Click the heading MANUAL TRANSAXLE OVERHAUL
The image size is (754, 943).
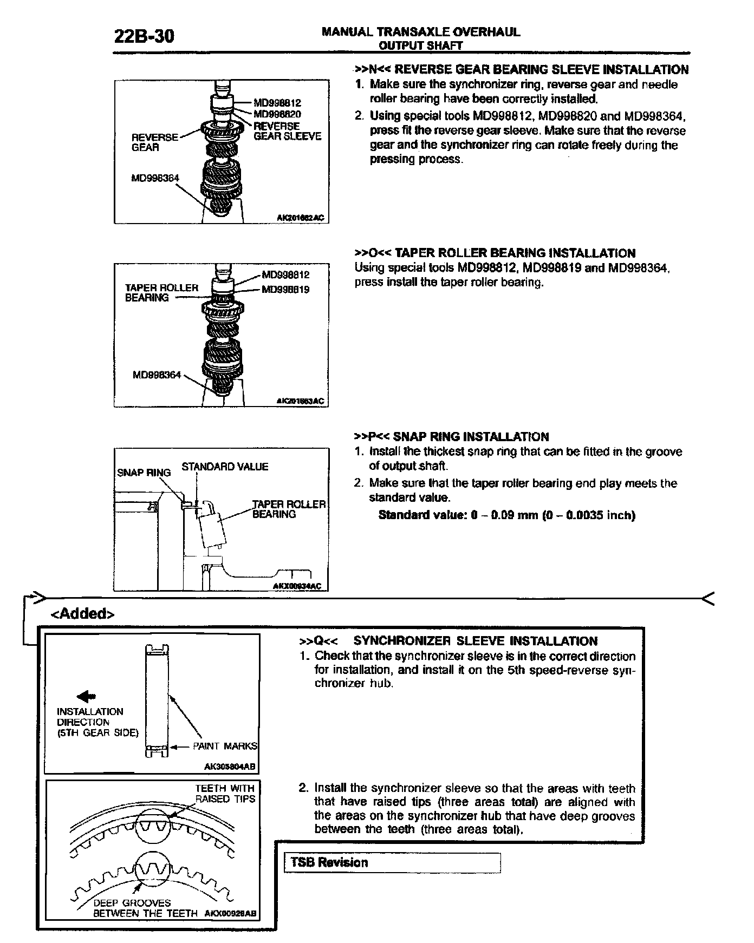421,32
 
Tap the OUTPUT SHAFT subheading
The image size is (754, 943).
421,46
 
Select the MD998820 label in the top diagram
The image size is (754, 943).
277,114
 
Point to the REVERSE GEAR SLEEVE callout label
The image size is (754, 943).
287,131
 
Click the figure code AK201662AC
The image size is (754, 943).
300,218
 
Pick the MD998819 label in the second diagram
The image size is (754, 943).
285,290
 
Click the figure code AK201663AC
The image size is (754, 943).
300,401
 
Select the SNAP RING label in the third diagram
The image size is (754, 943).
144,473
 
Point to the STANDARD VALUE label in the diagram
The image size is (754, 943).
225,467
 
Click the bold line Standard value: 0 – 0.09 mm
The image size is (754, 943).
506,514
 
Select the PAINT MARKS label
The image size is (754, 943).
225,746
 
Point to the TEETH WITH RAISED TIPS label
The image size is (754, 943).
225,793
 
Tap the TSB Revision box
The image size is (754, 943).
392,863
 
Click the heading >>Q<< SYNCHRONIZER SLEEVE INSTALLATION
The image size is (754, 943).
448,641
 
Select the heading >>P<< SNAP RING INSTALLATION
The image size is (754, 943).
451,437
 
